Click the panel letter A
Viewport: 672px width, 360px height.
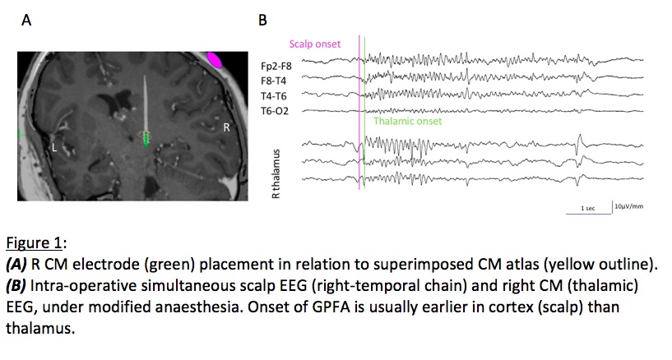tap(27, 22)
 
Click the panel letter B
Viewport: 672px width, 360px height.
tap(262, 22)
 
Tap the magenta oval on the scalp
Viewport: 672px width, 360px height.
tap(214, 60)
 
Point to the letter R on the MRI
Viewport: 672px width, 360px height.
tap(228, 128)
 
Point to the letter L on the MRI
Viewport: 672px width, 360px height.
tap(53, 148)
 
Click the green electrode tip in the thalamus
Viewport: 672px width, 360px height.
tap(147, 140)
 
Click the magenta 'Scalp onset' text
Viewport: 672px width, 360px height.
tap(314, 44)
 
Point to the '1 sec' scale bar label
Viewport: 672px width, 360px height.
tap(587, 209)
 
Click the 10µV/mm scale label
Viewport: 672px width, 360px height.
tap(628, 205)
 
